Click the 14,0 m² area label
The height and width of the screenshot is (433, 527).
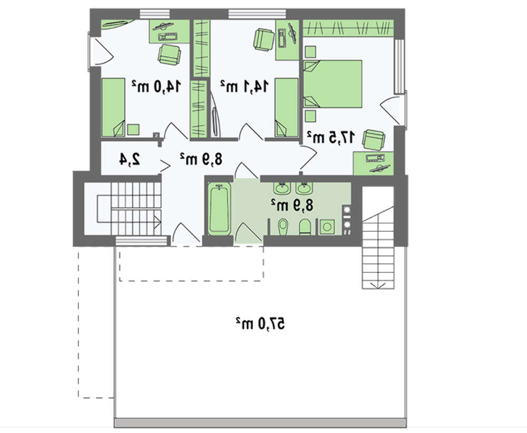pyautogui.click(x=157, y=86)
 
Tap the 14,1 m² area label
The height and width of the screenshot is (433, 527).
pyautogui.click(x=245, y=86)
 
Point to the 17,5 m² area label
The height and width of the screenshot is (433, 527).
pyautogui.click(x=331, y=137)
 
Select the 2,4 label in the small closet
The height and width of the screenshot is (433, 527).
pyautogui.click(x=130, y=159)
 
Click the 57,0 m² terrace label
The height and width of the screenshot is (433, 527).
pyautogui.click(x=260, y=323)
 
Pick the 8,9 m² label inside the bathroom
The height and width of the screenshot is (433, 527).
pyautogui.click(x=292, y=205)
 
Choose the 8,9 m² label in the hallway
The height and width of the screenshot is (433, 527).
pyautogui.click(x=201, y=159)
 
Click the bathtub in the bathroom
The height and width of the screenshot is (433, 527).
pyautogui.click(x=219, y=209)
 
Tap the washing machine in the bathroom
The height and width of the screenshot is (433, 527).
pyautogui.click(x=327, y=227)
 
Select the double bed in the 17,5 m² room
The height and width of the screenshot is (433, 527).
pyautogui.click(x=333, y=84)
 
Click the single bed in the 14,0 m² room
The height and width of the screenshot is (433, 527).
pyautogui.click(x=113, y=107)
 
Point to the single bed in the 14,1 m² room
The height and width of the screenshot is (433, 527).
pyautogui.click(x=286, y=107)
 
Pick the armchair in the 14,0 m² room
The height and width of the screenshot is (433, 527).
pyautogui.click(x=170, y=55)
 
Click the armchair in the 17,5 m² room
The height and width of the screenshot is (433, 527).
pyautogui.click(x=374, y=140)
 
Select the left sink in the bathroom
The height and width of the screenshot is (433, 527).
pyautogui.click(x=281, y=189)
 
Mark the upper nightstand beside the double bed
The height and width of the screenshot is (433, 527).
pyautogui.click(x=310, y=52)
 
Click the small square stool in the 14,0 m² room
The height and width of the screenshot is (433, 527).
pyautogui.click(x=133, y=130)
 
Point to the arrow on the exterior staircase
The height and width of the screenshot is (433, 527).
pyautogui.click(x=378, y=286)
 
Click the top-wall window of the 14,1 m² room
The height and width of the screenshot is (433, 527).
pyautogui.click(x=258, y=14)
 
